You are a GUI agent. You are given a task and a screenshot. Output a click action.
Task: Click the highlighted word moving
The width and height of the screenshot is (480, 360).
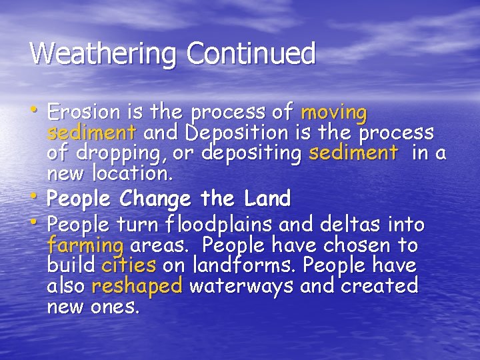tap(334, 111)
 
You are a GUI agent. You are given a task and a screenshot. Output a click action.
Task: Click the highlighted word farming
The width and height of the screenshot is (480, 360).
tap(85, 245)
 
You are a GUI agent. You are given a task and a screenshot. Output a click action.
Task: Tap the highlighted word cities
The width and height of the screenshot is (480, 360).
tap(129, 266)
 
